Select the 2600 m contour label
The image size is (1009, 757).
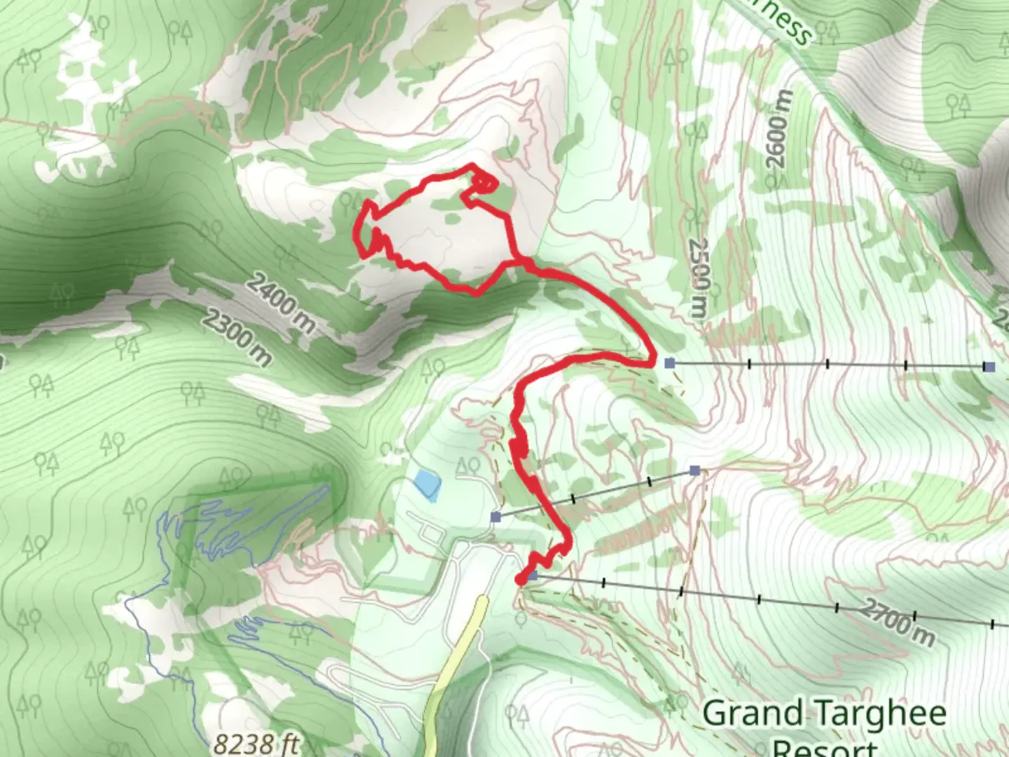(779, 129)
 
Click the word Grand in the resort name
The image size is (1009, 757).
(753, 714)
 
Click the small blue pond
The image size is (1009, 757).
(427, 484)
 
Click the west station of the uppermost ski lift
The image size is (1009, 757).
(669, 363)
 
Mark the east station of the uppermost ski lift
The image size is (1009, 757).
(989, 367)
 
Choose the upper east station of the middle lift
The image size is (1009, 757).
(694, 470)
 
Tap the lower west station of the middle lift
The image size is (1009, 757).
(496, 517)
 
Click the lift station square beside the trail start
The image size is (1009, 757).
(533, 575)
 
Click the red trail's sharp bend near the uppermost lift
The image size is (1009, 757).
(652, 362)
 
